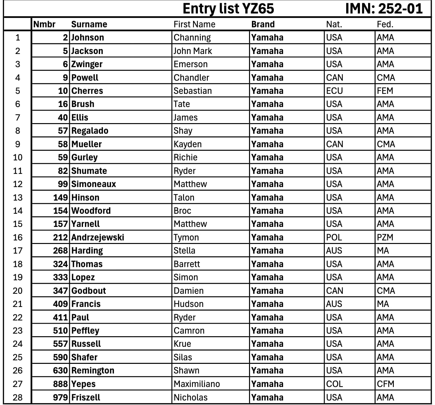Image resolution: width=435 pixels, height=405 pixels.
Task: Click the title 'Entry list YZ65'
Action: (x=228, y=9)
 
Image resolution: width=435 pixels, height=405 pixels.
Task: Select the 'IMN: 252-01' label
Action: (x=384, y=9)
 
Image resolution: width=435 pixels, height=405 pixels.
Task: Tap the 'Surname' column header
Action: (x=89, y=24)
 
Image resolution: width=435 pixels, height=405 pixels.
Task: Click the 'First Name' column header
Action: (x=194, y=24)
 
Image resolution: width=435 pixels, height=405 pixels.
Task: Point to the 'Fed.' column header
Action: (x=385, y=24)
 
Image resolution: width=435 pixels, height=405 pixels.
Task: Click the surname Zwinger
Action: (x=87, y=64)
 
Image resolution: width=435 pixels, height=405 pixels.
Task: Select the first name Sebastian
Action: (x=193, y=91)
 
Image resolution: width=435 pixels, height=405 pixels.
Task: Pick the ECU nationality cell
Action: (x=335, y=91)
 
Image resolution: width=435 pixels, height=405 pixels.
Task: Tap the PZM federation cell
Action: (x=385, y=238)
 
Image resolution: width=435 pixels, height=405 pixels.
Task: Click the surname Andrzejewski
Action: (x=97, y=238)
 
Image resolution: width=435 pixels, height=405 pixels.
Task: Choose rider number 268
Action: (x=60, y=251)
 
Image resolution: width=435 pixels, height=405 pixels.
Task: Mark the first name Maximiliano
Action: (x=197, y=384)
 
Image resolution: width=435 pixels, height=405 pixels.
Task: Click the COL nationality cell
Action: (x=335, y=384)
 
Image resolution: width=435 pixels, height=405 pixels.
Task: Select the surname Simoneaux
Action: (x=94, y=184)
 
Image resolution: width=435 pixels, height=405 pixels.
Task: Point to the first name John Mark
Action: (x=193, y=51)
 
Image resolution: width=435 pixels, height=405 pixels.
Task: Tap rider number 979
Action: (x=60, y=398)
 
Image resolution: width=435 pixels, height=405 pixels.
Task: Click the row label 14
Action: (x=18, y=211)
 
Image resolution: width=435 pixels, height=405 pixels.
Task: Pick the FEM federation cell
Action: (x=385, y=91)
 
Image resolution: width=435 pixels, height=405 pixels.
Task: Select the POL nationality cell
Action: (x=334, y=238)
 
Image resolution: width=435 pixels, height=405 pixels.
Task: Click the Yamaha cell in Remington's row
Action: (x=267, y=371)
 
